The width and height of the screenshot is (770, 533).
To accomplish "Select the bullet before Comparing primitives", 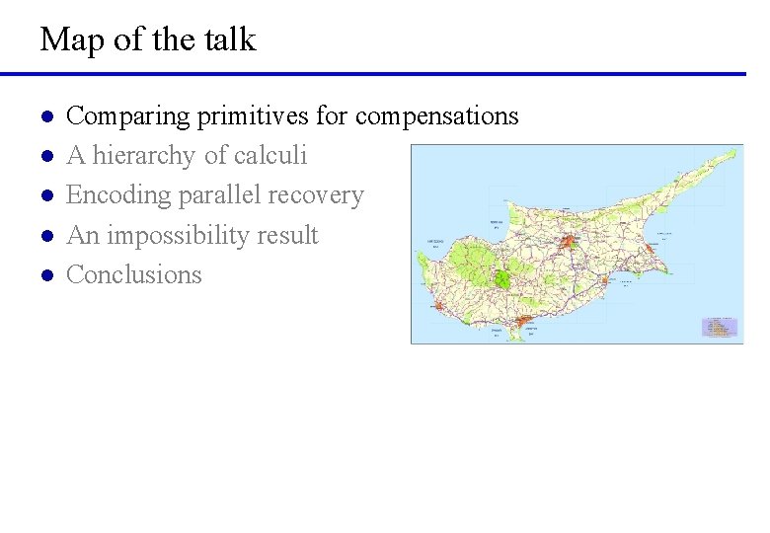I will (45, 117).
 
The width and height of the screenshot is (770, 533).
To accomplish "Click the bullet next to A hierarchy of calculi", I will (45, 157).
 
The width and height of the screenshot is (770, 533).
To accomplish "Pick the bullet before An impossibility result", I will (45, 237).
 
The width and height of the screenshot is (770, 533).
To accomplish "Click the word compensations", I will (436, 116).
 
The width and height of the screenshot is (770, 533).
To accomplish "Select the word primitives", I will (253, 116).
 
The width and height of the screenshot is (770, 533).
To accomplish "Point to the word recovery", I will (316, 195).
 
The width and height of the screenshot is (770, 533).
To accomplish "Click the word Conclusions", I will (133, 274).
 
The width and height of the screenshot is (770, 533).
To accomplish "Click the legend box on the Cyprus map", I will (720, 327).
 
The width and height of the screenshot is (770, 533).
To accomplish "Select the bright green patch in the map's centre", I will (502, 277).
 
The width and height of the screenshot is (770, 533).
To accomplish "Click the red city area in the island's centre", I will (570, 241).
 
